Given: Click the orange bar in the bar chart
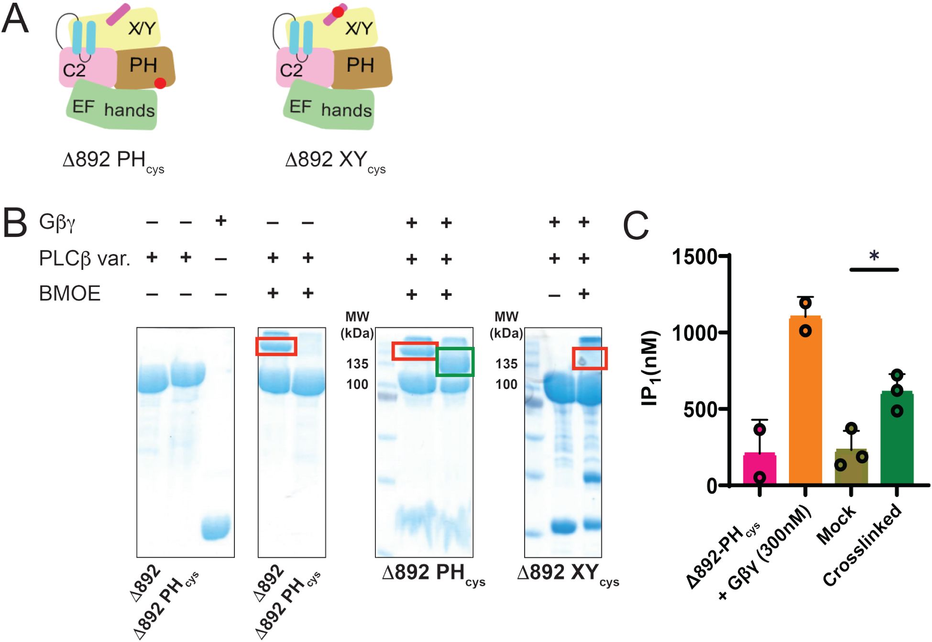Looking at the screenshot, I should [x=805, y=402].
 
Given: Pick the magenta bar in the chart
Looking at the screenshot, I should [x=759, y=469].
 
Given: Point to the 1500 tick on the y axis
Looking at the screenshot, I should [x=695, y=257].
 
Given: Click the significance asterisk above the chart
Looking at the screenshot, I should [x=874, y=256].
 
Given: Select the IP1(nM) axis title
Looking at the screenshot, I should [x=650, y=368].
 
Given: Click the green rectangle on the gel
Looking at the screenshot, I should [x=455, y=362].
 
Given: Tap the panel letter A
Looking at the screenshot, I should [x=15, y=19].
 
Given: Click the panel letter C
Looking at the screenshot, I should [x=636, y=226].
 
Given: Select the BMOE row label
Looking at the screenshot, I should [x=70, y=293].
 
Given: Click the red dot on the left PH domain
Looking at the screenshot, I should [x=160, y=83].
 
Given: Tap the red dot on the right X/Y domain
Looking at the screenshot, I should [x=338, y=12].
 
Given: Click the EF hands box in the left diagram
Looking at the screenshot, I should [x=113, y=107].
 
